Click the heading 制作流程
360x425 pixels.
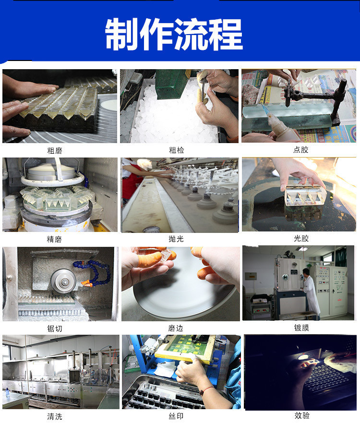(174, 34)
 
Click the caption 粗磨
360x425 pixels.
(55, 150)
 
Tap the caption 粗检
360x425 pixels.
(176, 150)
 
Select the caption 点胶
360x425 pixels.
(300, 150)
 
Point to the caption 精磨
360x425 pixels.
(55, 239)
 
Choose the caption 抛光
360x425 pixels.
(176, 239)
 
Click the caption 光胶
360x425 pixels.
(300, 238)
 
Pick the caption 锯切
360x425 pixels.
(55, 328)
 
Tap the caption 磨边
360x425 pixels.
(176, 328)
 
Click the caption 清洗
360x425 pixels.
(55, 416)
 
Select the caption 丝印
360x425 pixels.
(176, 416)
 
